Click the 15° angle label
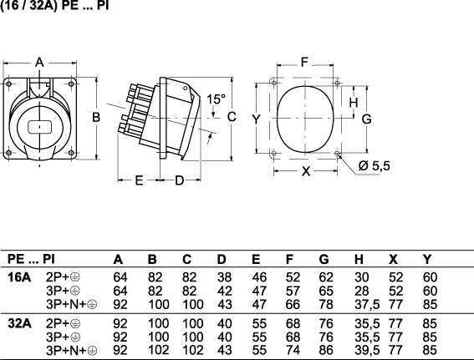(x=217, y=99)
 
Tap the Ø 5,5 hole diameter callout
(x=375, y=166)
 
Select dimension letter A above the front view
(x=39, y=63)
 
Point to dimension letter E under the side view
(x=139, y=180)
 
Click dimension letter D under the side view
(x=180, y=180)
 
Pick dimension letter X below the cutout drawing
(x=306, y=171)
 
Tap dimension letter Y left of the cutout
(x=256, y=119)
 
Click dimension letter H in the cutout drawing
(x=354, y=103)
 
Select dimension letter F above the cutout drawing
(x=304, y=62)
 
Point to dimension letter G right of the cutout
(x=366, y=119)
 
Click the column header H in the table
(x=359, y=259)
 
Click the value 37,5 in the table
(x=367, y=304)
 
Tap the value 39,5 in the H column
(x=367, y=350)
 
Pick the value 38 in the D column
(x=225, y=277)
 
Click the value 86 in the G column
(x=326, y=350)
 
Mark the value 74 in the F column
(x=293, y=350)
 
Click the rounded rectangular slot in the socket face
(x=40, y=127)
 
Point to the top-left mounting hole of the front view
(x=8, y=84)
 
